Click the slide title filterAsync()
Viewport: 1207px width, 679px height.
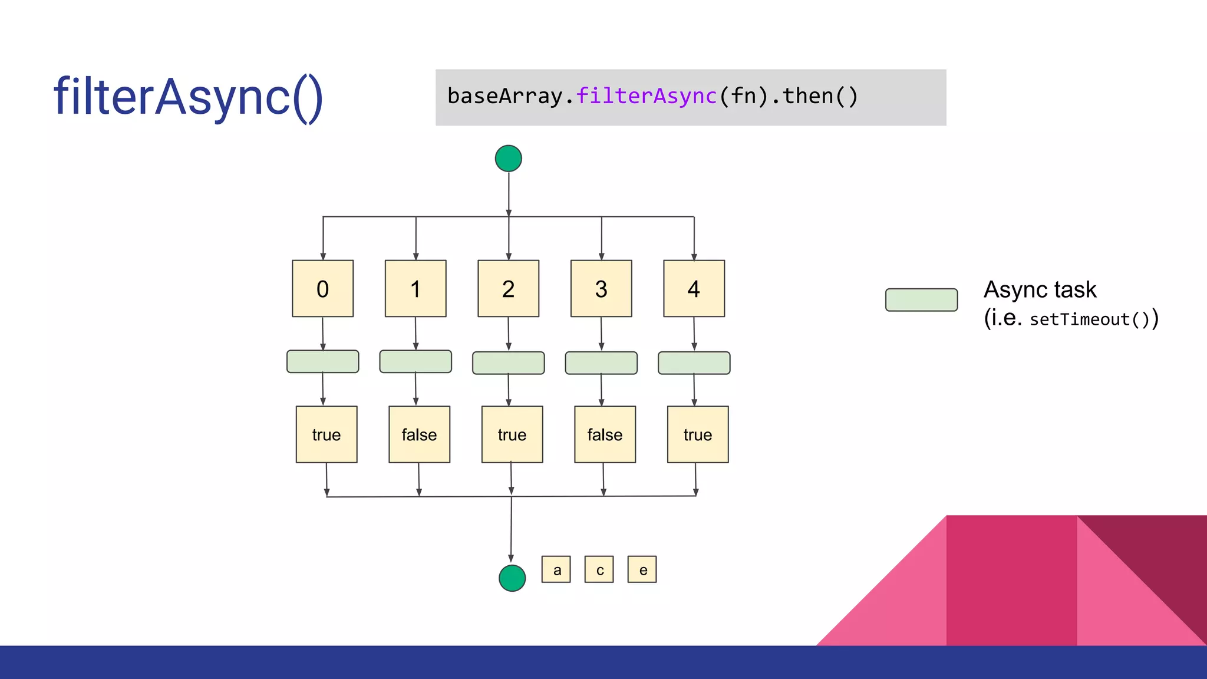tap(188, 97)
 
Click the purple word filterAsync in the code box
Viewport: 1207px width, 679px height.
tap(647, 96)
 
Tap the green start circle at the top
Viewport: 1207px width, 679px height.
tap(508, 159)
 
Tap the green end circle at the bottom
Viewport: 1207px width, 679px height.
tap(512, 578)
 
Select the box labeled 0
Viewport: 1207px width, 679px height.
tap(322, 288)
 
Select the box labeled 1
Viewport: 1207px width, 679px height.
tap(415, 288)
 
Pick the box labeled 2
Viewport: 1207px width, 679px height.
tap(508, 288)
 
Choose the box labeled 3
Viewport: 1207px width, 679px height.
tap(601, 288)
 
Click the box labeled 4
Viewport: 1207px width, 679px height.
tap(694, 288)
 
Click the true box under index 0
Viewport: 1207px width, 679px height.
tap(327, 434)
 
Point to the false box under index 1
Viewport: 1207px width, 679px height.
tap(419, 434)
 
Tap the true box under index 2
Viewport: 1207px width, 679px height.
tap(512, 434)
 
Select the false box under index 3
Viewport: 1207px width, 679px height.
tap(605, 434)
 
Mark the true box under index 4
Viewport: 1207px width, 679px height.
tap(698, 434)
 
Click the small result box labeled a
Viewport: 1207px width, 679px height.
tap(556, 569)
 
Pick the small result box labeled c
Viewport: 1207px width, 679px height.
tap(599, 569)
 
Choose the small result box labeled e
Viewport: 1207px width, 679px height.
tap(642, 569)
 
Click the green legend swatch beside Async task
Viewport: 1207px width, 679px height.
tap(921, 299)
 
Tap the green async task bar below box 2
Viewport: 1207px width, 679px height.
tap(508, 363)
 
